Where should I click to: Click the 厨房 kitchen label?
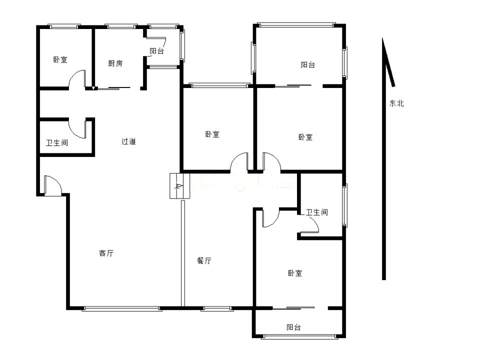(x=115, y=63)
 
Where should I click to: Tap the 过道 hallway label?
(x=128, y=141)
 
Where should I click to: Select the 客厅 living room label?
(x=106, y=253)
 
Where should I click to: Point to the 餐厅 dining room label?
(x=204, y=260)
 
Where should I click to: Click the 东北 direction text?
(x=396, y=103)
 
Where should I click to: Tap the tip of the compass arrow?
(x=382, y=38)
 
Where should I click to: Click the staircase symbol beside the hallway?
(x=180, y=186)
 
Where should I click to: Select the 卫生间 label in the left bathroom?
(x=57, y=142)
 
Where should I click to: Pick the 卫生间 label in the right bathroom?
(x=317, y=212)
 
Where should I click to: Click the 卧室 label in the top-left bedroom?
(x=60, y=59)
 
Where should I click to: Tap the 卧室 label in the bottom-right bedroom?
(x=295, y=273)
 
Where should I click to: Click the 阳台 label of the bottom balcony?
(x=293, y=327)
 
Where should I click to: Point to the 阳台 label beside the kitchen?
(x=156, y=51)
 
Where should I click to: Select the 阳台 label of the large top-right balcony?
(x=307, y=64)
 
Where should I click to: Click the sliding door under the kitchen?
(x=113, y=88)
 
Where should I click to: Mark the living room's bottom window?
(x=122, y=308)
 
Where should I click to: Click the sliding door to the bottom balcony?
(x=294, y=307)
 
